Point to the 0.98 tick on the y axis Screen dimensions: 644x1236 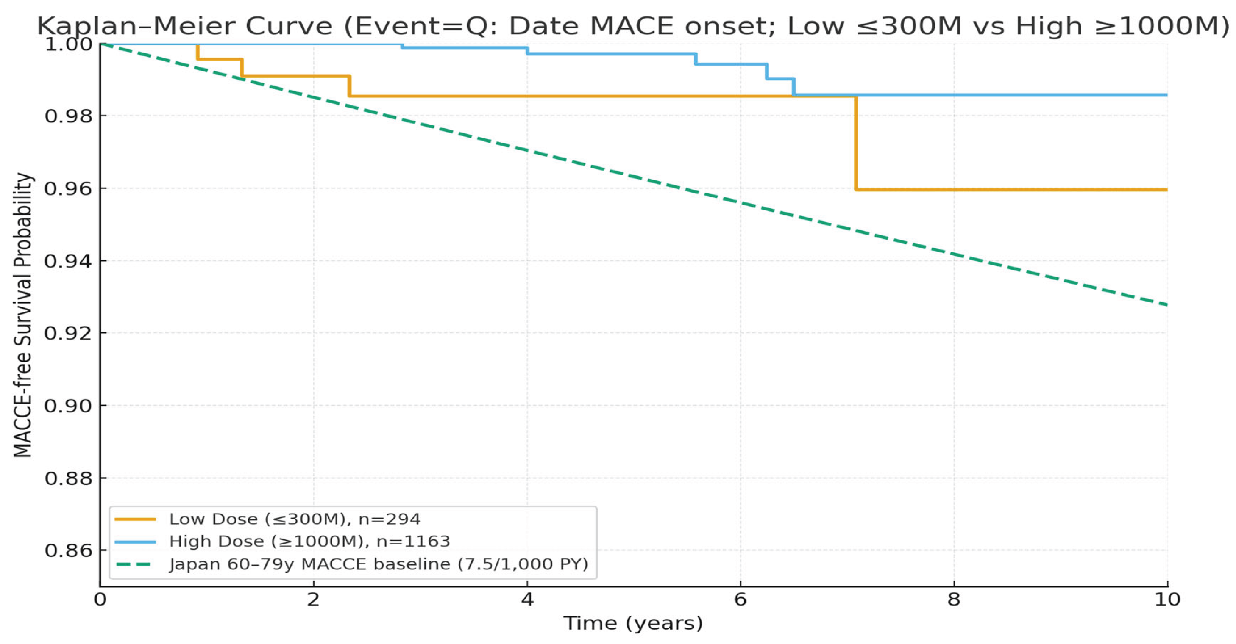click(69, 116)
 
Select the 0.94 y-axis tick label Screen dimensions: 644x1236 click(69, 261)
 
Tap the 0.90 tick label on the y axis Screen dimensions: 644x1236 click(69, 406)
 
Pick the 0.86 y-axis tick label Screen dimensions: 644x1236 click(69, 550)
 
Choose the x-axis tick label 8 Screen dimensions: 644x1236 click(954, 600)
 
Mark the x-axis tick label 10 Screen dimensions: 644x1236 click(1167, 600)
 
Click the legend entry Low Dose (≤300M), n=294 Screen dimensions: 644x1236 click(295, 519)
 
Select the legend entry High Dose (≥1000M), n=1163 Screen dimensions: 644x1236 click(309, 541)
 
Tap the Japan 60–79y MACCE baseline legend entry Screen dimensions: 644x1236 click(379, 564)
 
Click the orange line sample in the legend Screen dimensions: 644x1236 click(135, 519)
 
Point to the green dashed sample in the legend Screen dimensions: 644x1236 click(135, 564)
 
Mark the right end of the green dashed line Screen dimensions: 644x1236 click(1166, 304)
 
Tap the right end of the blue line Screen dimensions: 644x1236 click(1166, 95)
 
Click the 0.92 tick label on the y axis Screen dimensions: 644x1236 click(69, 333)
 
